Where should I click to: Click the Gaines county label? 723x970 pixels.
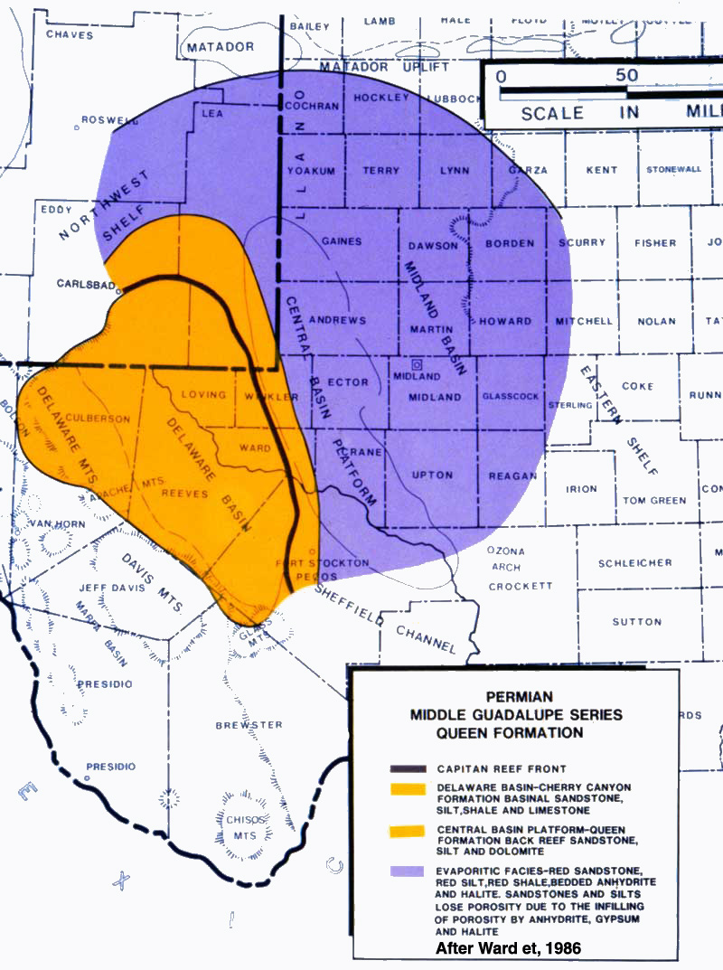point(341,241)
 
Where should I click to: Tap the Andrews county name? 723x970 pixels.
point(337,320)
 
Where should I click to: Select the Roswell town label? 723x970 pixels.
point(105,119)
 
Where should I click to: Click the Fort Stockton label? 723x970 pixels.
point(310,562)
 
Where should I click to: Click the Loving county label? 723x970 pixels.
point(202,394)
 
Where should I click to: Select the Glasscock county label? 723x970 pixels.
point(511,396)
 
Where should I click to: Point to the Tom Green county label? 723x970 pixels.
point(653,501)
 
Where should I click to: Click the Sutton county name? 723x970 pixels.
point(636,622)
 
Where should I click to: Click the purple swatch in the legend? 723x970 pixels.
point(407,871)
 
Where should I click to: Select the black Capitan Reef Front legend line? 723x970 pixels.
point(407,769)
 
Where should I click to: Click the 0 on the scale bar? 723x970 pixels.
point(501,75)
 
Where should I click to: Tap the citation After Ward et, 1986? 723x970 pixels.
point(510,948)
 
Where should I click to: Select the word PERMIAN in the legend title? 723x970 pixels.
point(515,696)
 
